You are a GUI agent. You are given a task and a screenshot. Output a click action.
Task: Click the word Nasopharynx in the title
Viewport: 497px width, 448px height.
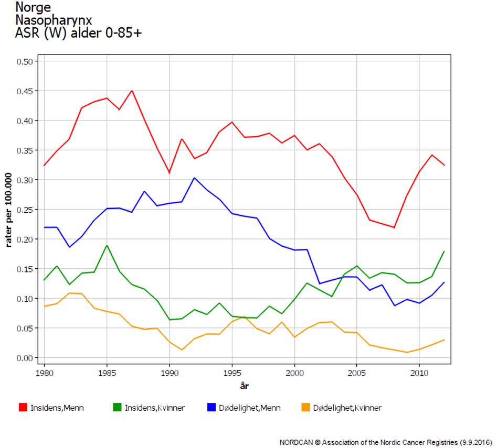(x=54, y=20)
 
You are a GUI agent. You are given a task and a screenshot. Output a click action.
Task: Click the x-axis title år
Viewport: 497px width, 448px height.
(x=244, y=386)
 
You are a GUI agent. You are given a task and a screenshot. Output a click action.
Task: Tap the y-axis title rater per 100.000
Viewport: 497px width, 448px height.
(x=9, y=210)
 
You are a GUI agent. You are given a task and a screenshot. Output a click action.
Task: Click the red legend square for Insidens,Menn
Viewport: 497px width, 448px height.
(x=23, y=408)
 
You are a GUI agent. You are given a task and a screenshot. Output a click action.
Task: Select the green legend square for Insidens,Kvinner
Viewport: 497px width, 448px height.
(x=118, y=408)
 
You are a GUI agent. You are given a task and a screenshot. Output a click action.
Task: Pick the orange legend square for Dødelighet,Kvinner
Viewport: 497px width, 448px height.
(x=306, y=408)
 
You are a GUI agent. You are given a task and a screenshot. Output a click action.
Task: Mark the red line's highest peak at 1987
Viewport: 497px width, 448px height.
(x=132, y=91)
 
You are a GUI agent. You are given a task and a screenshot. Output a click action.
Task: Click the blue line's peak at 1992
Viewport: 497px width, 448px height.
(x=194, y=178)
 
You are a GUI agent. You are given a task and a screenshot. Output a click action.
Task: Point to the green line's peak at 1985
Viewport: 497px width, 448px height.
(x=107, y=245)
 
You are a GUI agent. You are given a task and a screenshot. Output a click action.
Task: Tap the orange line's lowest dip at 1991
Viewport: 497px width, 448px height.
(x=182, y=349)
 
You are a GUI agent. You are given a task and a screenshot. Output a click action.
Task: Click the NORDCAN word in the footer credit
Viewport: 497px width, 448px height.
(x=297, y=442)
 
